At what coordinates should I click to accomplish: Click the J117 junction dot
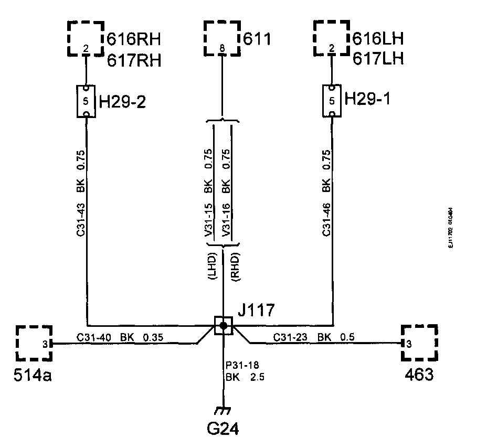click(x=224, y=326)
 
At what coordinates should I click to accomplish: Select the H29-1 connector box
click(x=331, y=102)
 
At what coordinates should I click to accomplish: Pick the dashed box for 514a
click(x=34, y=343)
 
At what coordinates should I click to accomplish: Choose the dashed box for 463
click(x=419, y=343)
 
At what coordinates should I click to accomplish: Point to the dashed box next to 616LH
click(x=331, y=38)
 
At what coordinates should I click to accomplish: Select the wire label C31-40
click(x=93, y=337)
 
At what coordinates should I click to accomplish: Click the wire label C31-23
click(x=290, y=337)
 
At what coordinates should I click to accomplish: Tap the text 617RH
click(x=134, y=60)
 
